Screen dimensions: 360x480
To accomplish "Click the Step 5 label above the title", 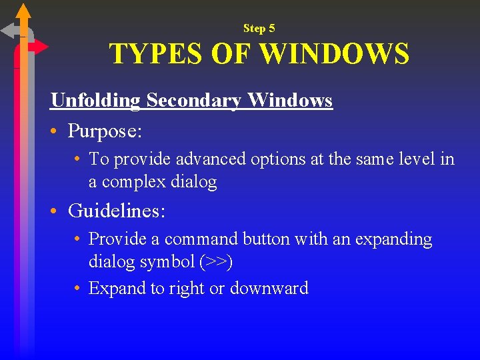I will click(259, 28).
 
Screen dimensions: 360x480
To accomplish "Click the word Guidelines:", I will click(117, 211).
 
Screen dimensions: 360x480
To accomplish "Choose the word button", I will click(270, 239).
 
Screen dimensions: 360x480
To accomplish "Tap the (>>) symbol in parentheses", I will click(216, 262).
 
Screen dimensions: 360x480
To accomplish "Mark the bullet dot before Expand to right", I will click(78, 289).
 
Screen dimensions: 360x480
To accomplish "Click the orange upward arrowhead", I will click(23, 11).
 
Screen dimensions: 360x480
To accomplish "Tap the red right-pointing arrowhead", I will click(41, 47).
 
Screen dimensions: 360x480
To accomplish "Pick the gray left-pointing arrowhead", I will click(9, 31).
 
